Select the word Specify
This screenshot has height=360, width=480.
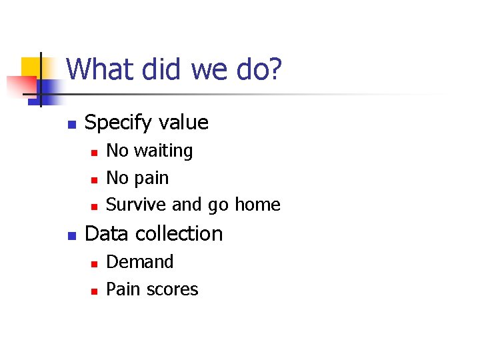click(x=117, y=123)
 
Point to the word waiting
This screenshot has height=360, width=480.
click(x=163, y=151)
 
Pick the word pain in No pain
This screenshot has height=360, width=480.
click(x=151, y=179)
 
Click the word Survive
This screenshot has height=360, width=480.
click(x=137, y=205)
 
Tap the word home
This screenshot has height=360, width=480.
click(x=257, y=205)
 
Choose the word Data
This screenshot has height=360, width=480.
click(x=105, y=233)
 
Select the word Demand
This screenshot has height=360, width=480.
click(x=140, y=262)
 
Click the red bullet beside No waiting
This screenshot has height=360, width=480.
click(x=94, y=153)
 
